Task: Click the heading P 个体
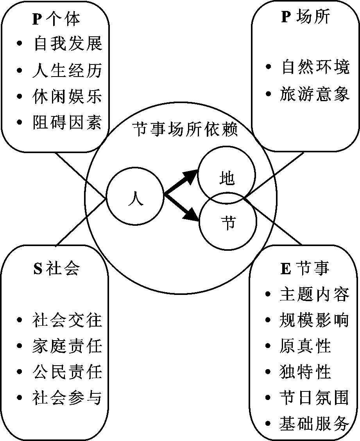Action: pos(56,19)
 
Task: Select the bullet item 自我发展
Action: pos(68,44)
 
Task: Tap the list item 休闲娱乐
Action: pos(67,96)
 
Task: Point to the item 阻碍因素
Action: pos(67,122)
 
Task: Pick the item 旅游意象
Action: pos(315,94)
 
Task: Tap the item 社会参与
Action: pos(67,398)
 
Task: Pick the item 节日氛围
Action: pos(314,398)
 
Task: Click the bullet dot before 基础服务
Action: pos(268,423)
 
